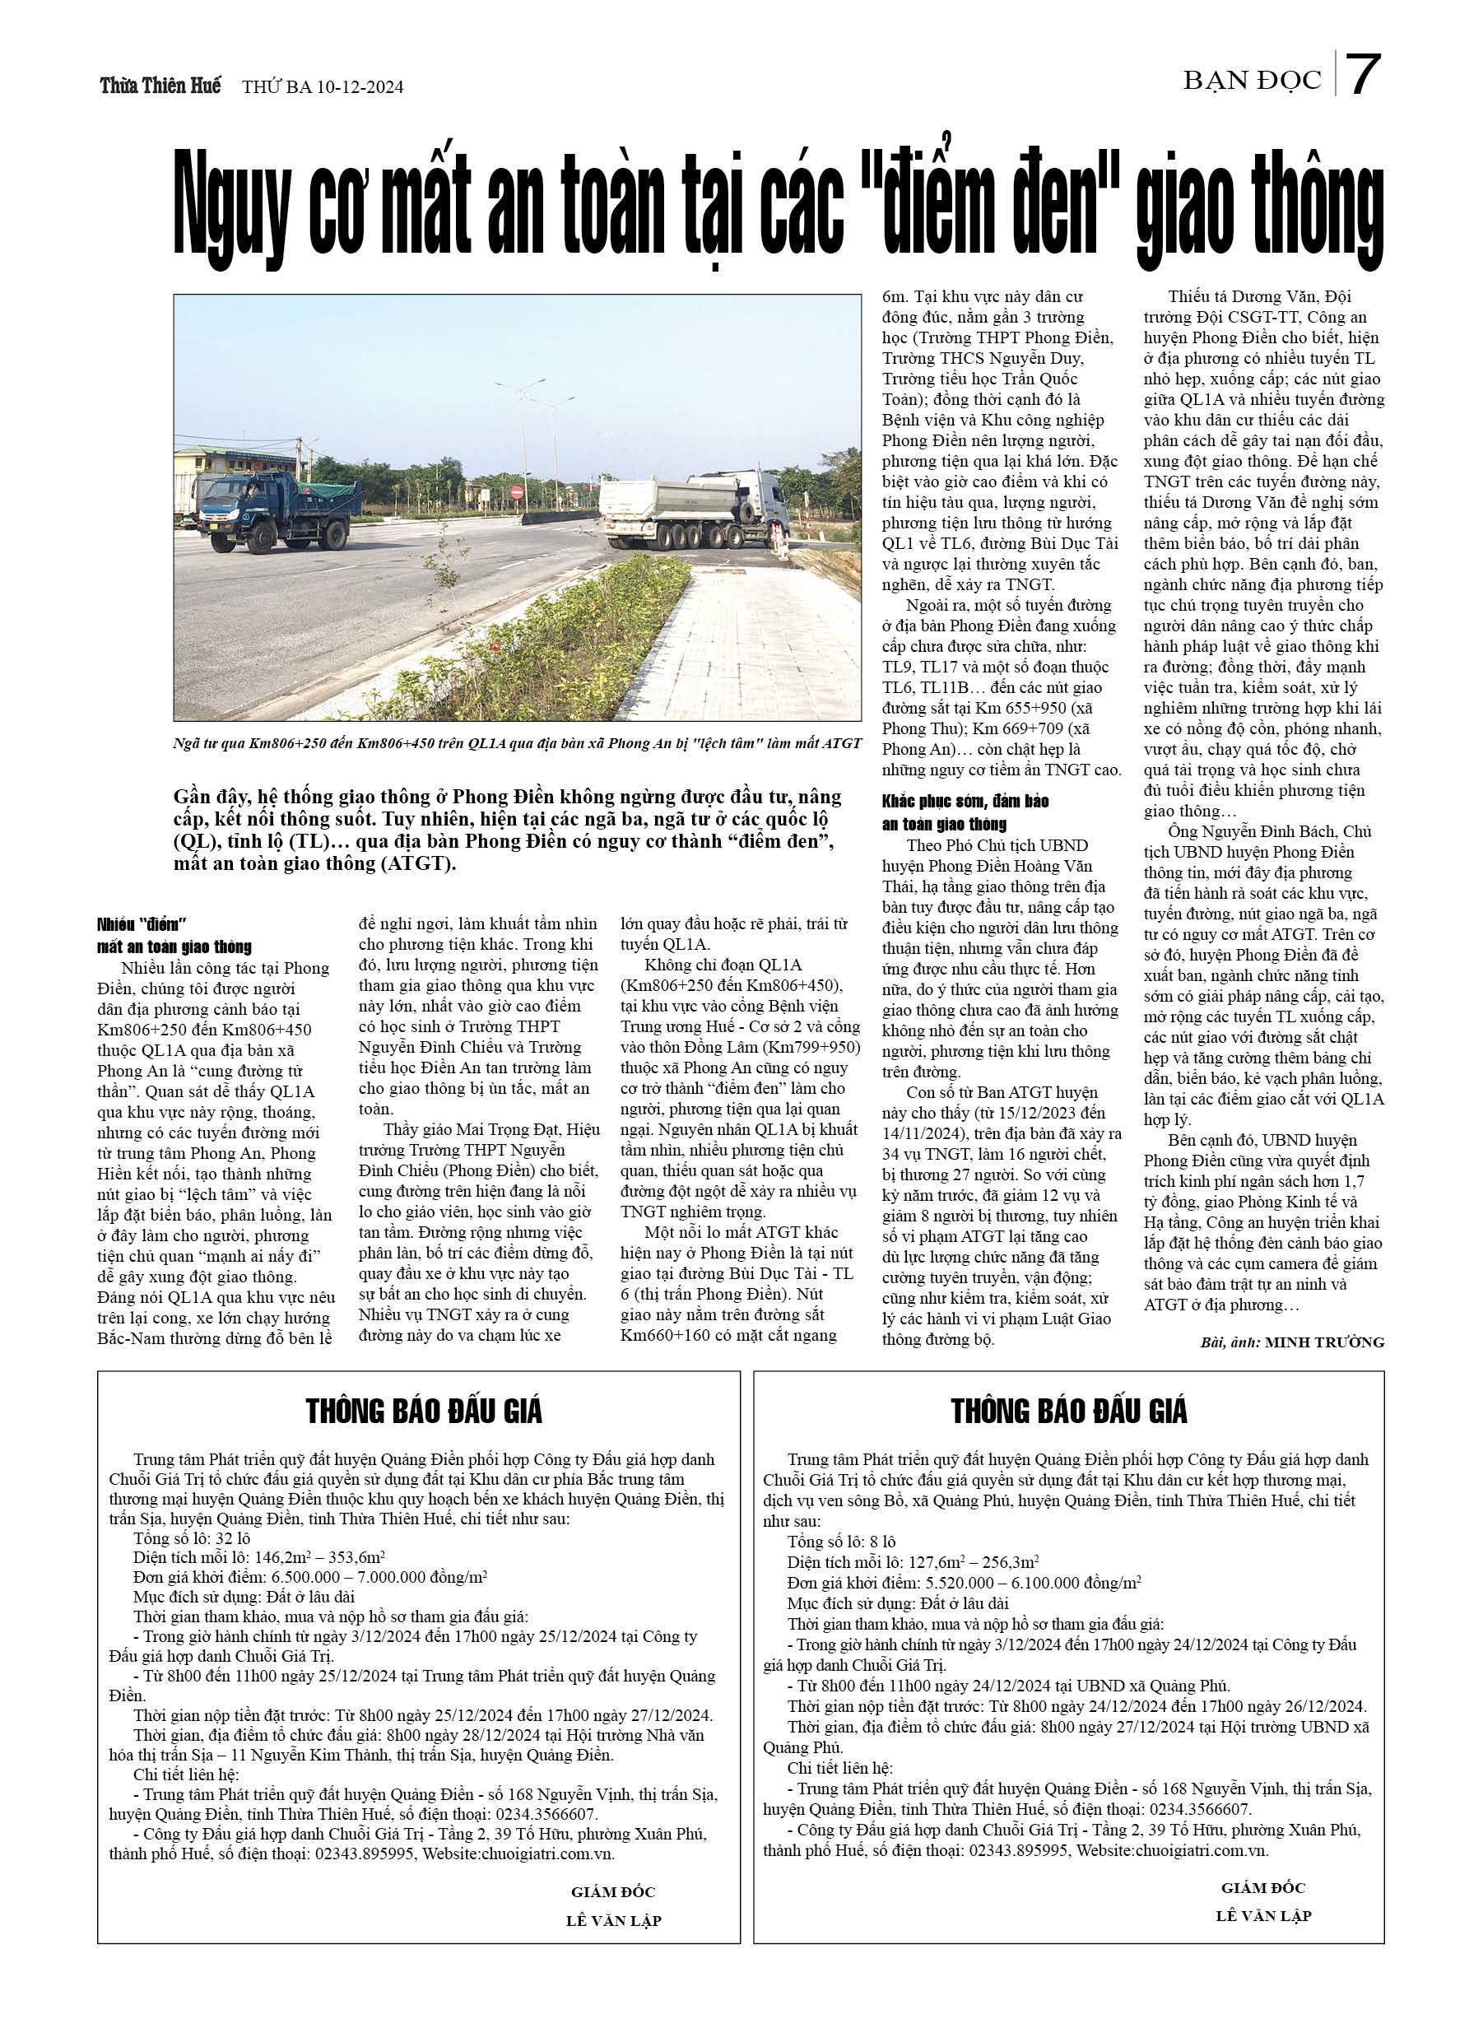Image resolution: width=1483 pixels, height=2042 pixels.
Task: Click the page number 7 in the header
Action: (x=1363, y=76)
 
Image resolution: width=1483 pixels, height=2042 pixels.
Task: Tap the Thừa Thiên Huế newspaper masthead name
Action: (x=160, y=86)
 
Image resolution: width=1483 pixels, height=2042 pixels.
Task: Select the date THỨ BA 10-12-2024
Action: (x=323, y=87)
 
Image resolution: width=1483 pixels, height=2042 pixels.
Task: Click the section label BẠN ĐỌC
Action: (x=1252, y=81)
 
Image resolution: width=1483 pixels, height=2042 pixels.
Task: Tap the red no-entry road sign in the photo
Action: (x=517, y=492)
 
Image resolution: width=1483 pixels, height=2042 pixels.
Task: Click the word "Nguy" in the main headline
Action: (x=231, y=209)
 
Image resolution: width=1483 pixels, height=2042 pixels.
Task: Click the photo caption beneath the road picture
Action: (x=517, y=744)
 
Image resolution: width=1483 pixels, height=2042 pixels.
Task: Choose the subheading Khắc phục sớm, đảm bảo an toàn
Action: (x=965, y=812)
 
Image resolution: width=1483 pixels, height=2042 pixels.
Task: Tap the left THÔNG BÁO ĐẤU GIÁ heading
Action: (x=423, y=1412)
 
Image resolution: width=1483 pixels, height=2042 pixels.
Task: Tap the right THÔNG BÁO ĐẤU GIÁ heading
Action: (x=1069, y=1412)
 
